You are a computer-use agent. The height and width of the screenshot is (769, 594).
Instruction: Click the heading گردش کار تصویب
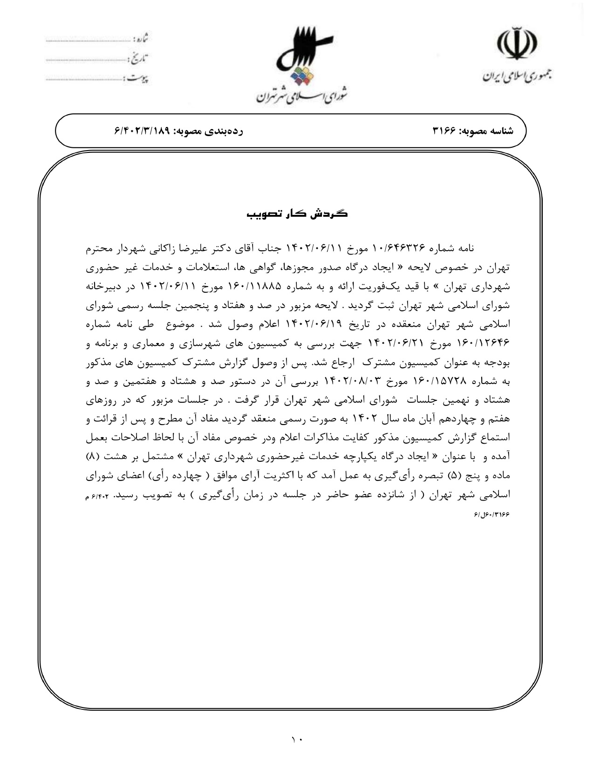(x=297, y=214)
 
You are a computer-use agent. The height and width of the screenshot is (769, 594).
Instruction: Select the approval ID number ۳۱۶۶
(x=444, y=131)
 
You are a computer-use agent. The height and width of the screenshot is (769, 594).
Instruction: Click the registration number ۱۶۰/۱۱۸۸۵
(x=259, y=287)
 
